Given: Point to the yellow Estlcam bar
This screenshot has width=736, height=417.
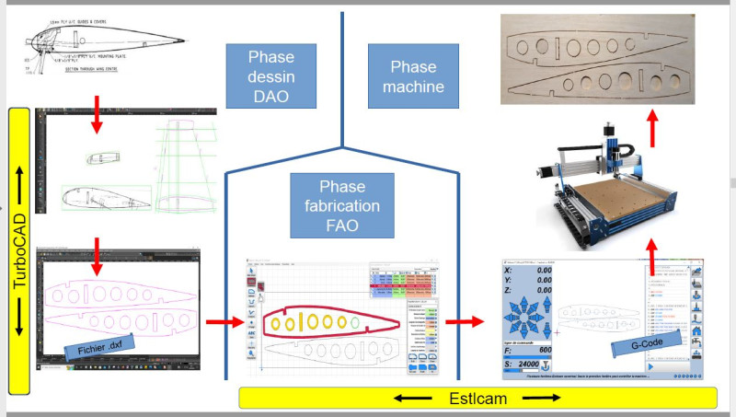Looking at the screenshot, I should [x=477, y=399].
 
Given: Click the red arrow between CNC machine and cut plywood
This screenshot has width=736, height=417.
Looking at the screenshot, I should [x=651, y=129].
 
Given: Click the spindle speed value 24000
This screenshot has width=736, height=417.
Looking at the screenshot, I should [x=531, y=367].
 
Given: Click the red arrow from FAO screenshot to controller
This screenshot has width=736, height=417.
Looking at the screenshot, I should [x=465, y=322].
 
